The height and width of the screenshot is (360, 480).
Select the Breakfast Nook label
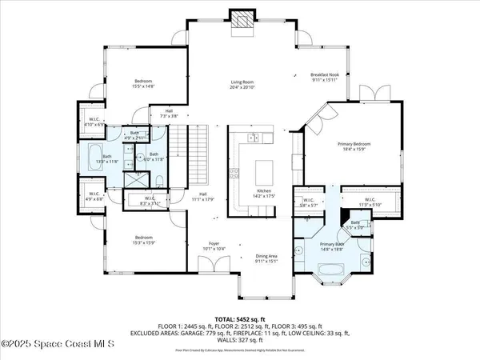tap(325, 78)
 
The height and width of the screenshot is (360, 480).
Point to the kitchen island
tap(260, 171)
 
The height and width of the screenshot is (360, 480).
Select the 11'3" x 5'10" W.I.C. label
tap(370, 202)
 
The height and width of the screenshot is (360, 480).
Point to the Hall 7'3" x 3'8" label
tap(169, 114)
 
